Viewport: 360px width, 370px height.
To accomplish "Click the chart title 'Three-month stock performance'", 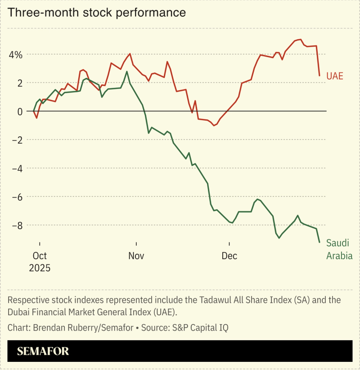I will coord(97,13).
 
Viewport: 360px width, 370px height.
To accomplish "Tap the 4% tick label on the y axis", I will coord(15,55).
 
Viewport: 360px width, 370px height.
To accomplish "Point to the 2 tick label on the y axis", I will coord(19,83).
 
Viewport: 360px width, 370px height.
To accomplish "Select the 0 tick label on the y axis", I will coord(19,112).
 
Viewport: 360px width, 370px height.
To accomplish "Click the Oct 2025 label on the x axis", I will coord(40,262).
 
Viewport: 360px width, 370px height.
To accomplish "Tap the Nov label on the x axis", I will coord(136,256).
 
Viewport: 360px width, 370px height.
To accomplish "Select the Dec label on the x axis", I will coord(229,256).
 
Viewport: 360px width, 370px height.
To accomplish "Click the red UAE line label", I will coord(335,76).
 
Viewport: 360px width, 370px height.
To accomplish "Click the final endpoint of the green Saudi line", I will coord(319,243).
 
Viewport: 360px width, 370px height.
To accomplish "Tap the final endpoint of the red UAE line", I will coord(319,76).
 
